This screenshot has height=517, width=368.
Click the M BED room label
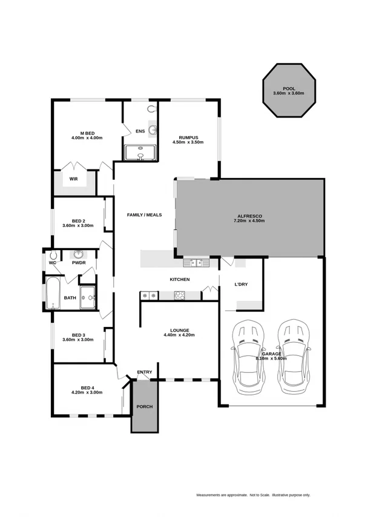pos(87,133)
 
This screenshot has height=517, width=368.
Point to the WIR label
pos(73,179)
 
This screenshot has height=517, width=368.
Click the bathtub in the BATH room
pos(53,294)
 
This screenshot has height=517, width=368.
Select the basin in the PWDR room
pos(79,255)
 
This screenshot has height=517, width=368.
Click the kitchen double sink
pos(195,263)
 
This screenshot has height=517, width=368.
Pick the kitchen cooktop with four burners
pos(180,295)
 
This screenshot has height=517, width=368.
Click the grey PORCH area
pos(145,406)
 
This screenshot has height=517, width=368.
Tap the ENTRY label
pos(145,372)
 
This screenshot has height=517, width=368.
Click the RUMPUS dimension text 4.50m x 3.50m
pos(188,142)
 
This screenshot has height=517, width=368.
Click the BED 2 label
pos(78,220)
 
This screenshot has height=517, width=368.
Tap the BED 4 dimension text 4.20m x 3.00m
pos(87,392)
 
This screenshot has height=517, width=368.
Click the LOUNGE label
pos(180,330)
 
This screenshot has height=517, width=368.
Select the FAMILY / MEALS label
pos(144,214)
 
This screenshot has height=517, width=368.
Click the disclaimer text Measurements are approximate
pos(221,495)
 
